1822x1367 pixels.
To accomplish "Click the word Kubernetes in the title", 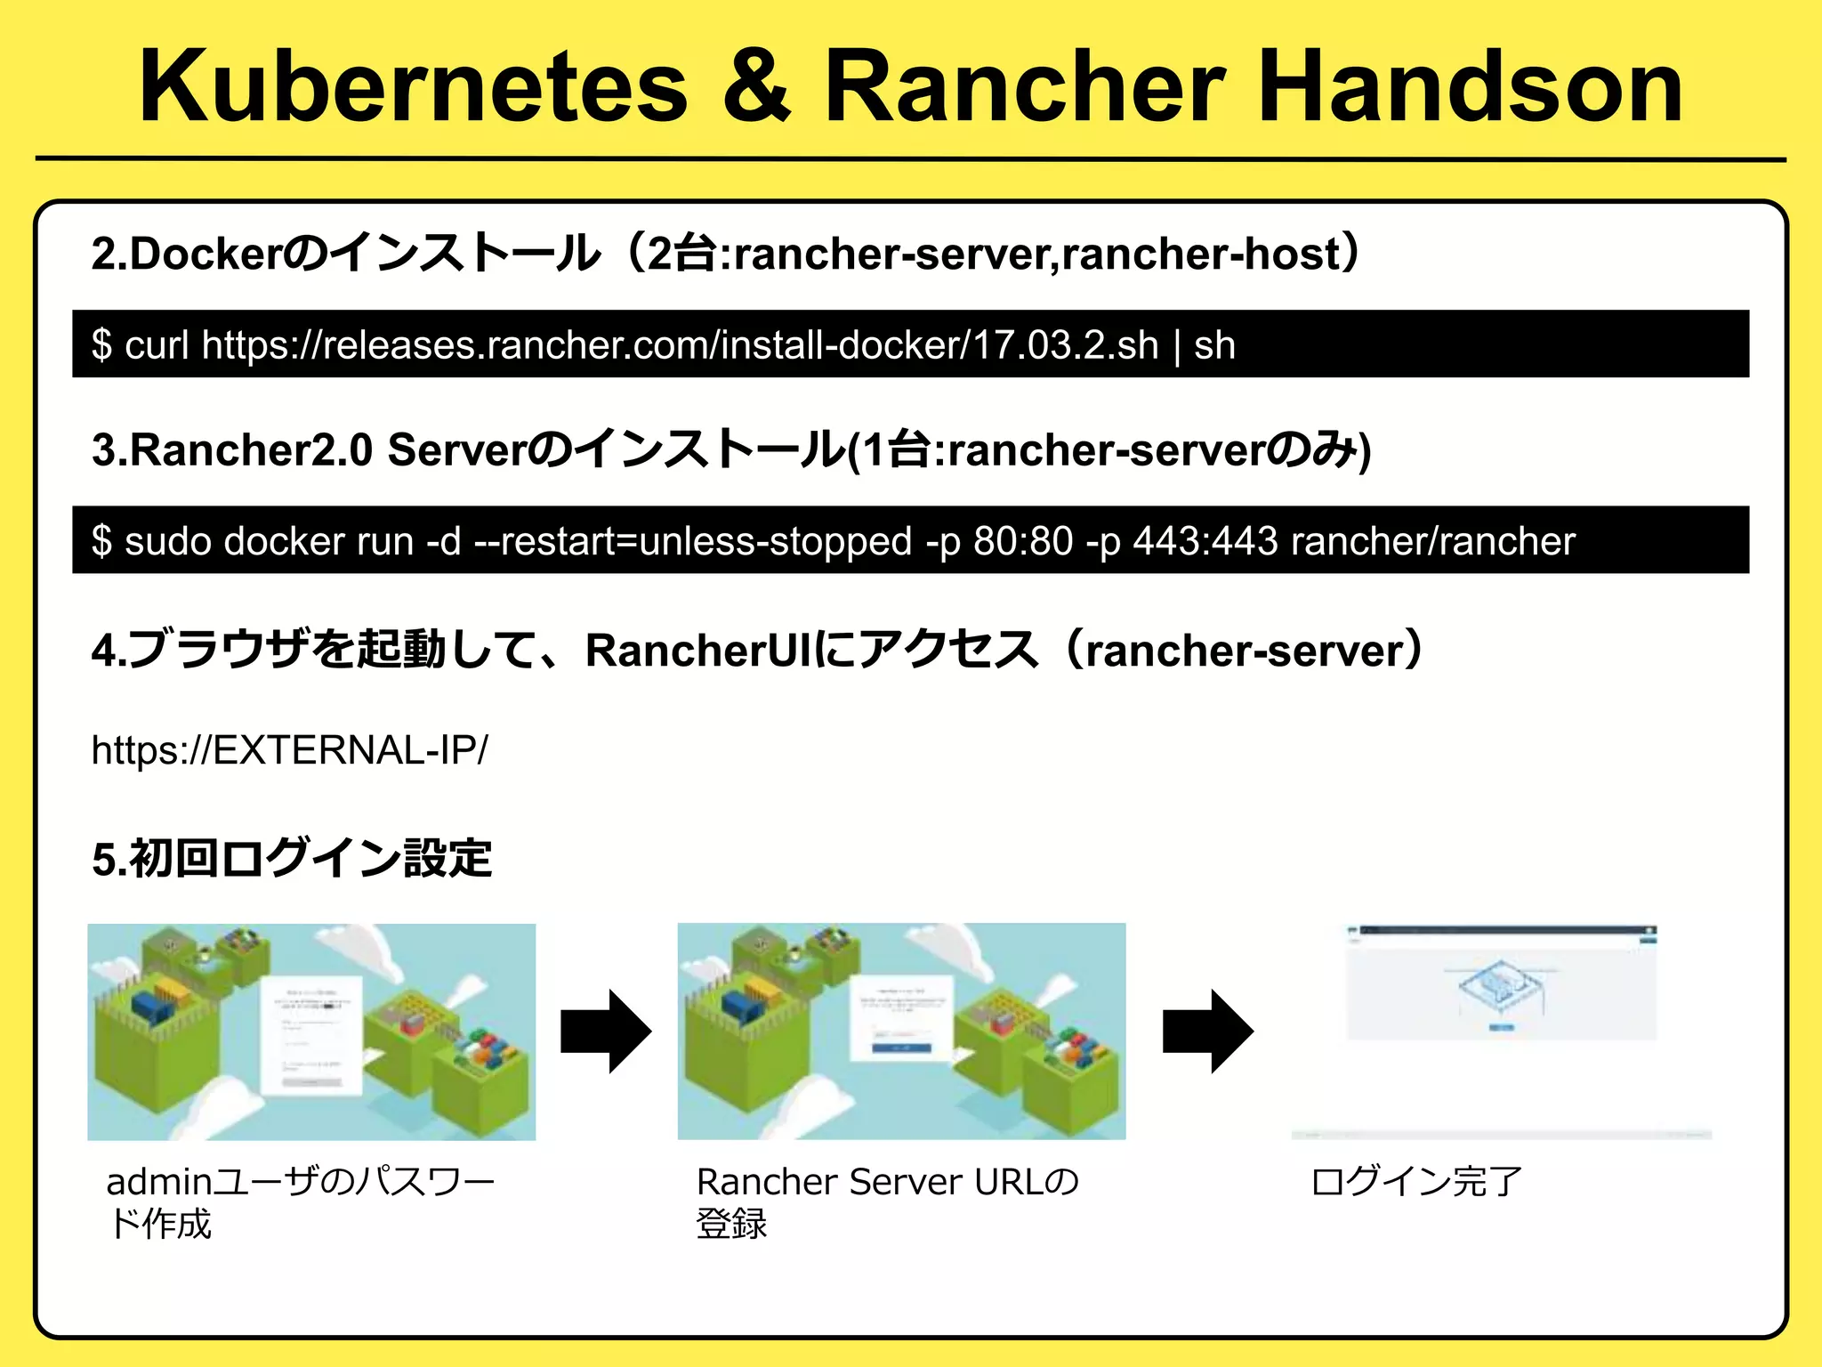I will [x=414, y=86].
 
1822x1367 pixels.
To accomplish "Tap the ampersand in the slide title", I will [x=756, y=86].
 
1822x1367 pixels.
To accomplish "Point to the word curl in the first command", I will [x=157, y=345].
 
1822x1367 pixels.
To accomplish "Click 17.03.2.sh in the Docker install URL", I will [x=1066, y=345].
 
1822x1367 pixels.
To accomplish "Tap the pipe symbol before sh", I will [x=1177, y=345].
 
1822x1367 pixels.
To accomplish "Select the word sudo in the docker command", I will [x=167, y=541].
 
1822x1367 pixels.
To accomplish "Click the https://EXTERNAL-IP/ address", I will [x=289, y=750].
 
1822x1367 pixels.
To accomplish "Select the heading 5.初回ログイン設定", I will [x=292, y=859].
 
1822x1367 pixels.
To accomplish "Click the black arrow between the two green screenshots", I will [x=606, y=1032].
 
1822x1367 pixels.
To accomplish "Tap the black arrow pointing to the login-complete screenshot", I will [x=1207, y=1032].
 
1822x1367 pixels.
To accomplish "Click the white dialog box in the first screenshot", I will [x=312, y=1035].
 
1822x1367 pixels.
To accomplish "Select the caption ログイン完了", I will [x=1416, y=1182].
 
